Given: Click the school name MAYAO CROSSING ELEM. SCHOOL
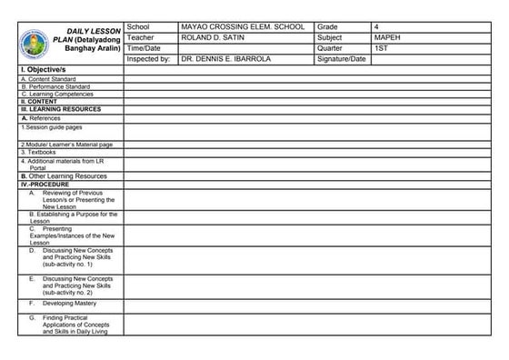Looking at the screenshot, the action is tap(242, 27).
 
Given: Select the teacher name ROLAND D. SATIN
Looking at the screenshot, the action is tap(216, 38).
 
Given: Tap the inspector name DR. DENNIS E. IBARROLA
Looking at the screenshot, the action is tap(227, 59).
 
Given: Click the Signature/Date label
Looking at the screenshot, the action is tap(342, 59).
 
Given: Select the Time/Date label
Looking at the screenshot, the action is tap(144, 48).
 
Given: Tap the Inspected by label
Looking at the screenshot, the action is tap(149, 59).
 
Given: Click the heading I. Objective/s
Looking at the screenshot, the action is tap(44, 70).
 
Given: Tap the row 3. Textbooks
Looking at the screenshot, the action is tap(38, 152).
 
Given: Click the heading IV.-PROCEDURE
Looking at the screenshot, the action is tap(45, 184).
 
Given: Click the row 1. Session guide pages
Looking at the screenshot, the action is tap(52, 126).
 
